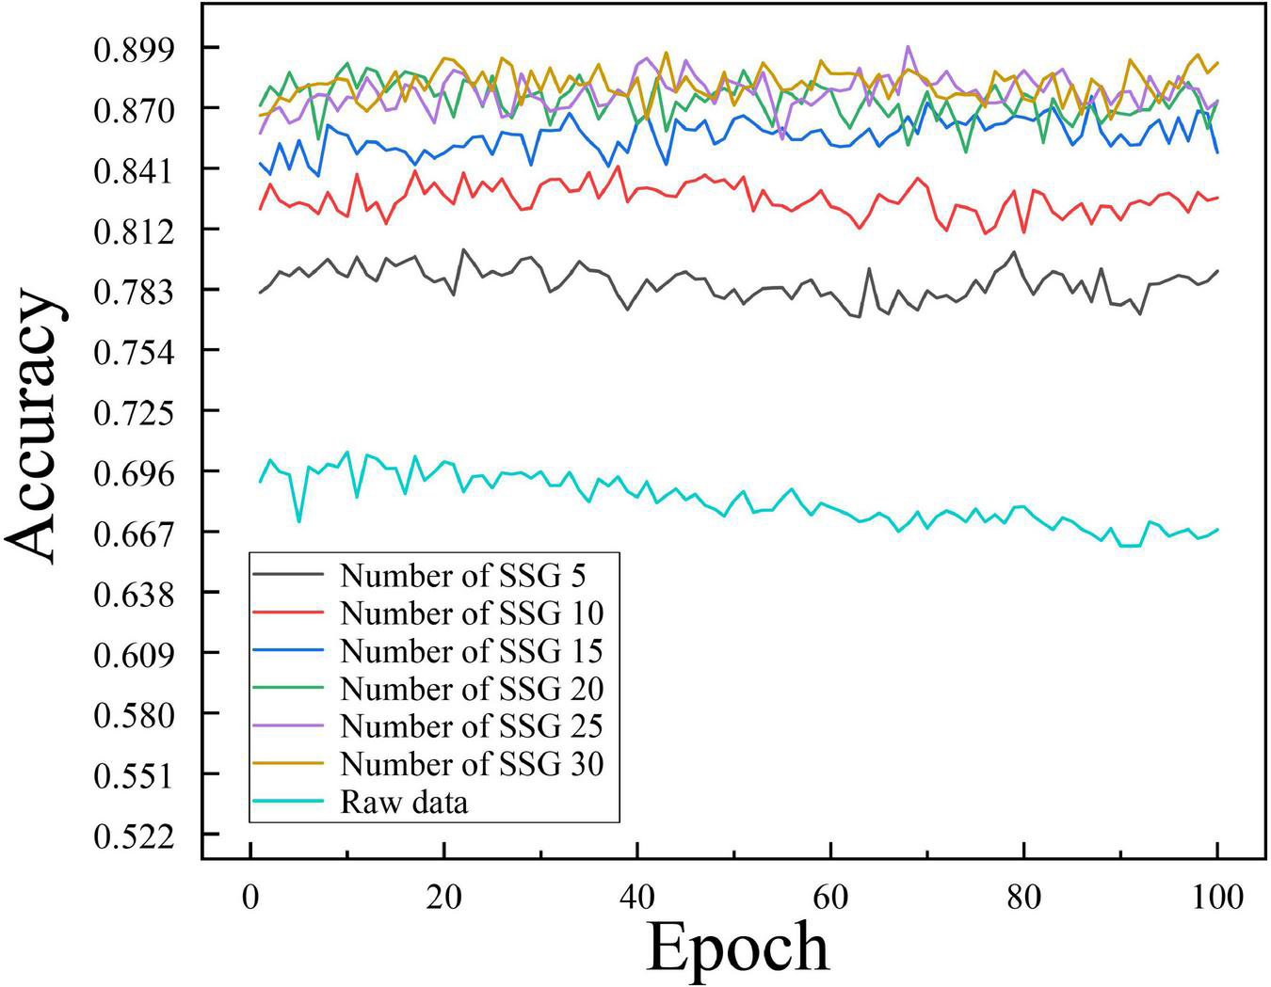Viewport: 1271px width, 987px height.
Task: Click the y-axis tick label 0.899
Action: [134, 49]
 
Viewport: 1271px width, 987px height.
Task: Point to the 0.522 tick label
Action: [134, 836]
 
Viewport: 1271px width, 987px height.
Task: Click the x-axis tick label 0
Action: [249, 895]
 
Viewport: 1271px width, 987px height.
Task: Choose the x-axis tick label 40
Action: [637, 895]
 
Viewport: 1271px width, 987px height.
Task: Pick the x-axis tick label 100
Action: [1216, 895]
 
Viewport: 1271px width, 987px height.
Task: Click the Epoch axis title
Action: [737, 947]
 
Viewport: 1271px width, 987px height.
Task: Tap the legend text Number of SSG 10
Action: [472, 613]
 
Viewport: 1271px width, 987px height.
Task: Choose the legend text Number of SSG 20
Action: [472, 689]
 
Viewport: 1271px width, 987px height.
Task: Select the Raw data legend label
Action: [404, 803]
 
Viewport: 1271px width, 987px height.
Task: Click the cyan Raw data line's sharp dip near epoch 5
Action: [299, 521]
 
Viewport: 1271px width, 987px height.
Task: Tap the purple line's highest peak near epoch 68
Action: [908, 46]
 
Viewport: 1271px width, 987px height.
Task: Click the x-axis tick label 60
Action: [831, 895]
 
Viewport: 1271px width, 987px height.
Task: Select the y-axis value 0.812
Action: [134, 231]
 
